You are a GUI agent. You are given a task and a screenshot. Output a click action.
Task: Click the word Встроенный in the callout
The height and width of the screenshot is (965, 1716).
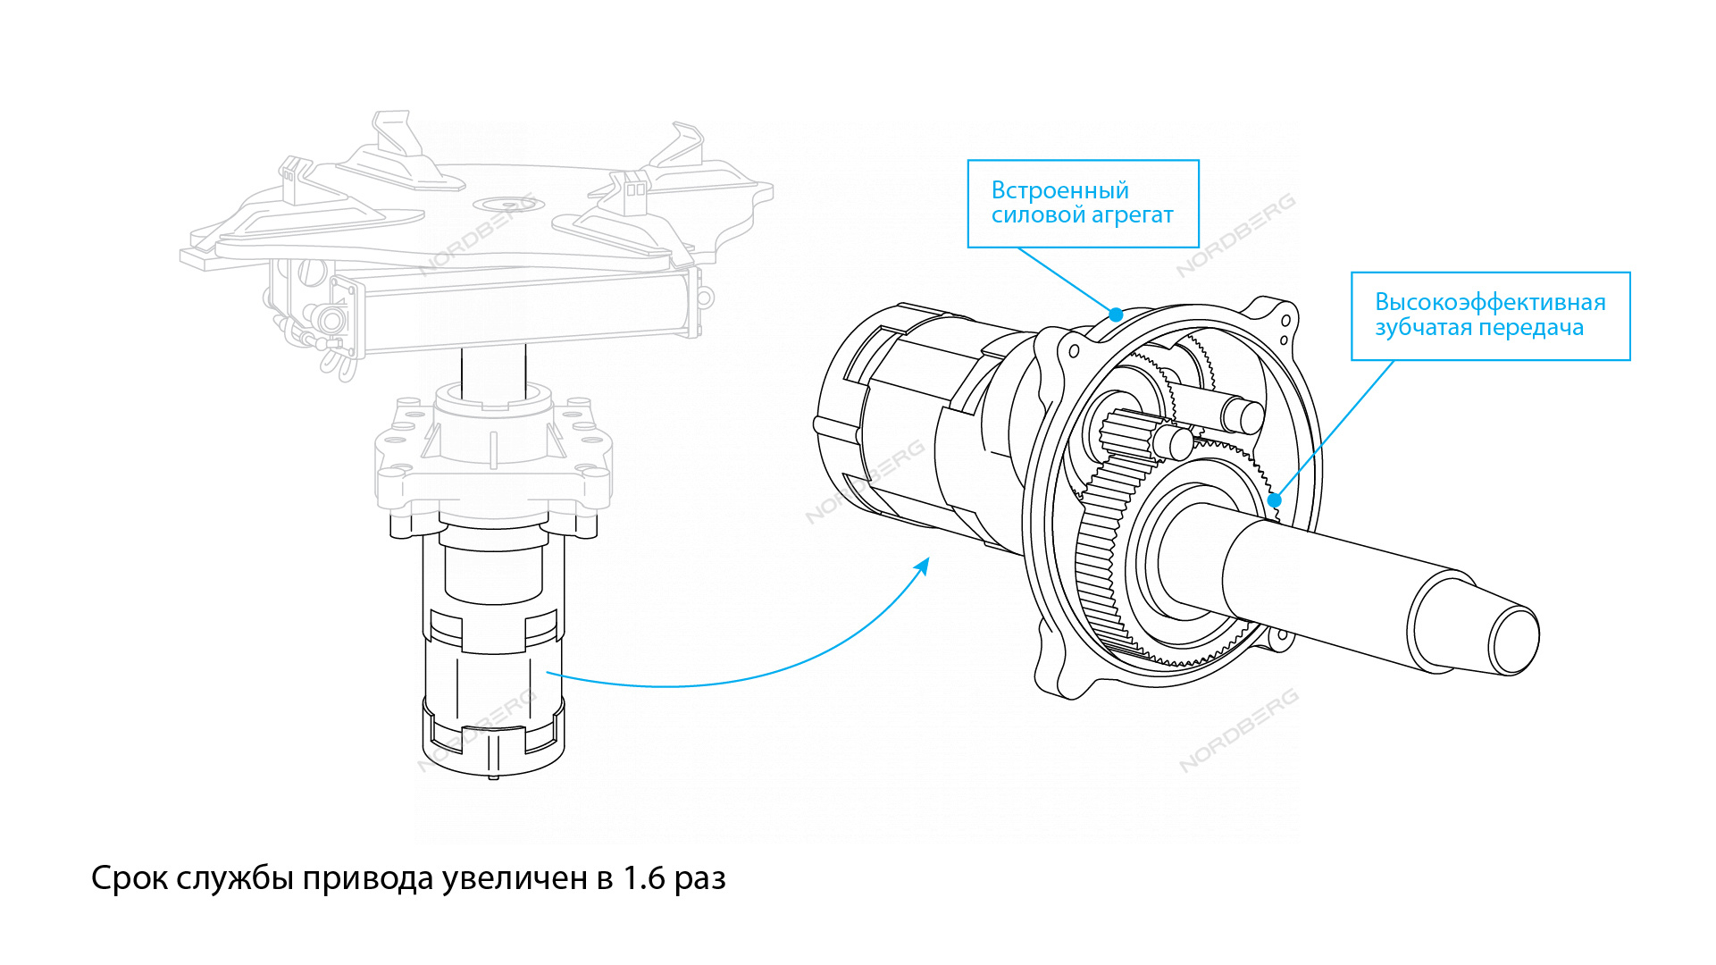coord(1059,190)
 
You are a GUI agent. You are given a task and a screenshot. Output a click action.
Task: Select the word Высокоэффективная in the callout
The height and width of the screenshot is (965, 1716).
coord(1490,302)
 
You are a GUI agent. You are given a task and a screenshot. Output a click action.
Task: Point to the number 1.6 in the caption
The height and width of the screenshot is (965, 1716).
coord(643,878)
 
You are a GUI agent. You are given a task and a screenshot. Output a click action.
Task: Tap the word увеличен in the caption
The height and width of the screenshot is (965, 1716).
coord(515,878)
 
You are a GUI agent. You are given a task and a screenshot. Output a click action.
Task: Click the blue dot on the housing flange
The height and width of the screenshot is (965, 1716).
coord(1116,315)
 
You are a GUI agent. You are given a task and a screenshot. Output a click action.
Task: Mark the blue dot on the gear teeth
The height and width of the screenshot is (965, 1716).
coord(1275,499)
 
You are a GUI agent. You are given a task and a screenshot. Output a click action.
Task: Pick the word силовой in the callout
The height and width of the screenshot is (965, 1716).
coord(1038,215)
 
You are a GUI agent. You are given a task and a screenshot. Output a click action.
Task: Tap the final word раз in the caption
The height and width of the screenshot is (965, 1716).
coord(699,878)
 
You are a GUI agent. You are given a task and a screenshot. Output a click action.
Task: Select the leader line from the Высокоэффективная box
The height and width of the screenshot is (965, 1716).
coord(1334,430)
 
